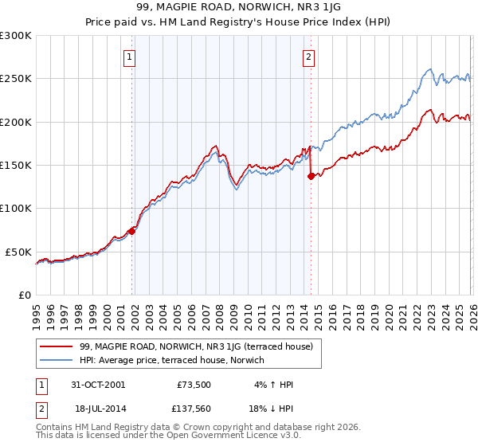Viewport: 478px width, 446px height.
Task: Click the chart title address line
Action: (x=238, y=8)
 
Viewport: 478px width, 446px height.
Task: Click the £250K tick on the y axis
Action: (x=16, y=79)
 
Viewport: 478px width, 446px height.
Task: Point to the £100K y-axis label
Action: (x=16, y=208)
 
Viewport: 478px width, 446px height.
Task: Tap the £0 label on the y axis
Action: (x=24, y=295)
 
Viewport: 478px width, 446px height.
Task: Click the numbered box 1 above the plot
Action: (x=129, y=57)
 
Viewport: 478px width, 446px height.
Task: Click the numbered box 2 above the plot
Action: (x=308, y=57)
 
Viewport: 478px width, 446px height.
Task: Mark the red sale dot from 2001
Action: (x=132, y=231)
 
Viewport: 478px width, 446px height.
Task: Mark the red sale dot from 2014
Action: (x=311, y=176)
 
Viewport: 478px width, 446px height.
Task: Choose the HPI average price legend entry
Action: (x=177, y=360)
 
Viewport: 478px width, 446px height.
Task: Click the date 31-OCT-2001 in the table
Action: (x=97, y=385)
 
